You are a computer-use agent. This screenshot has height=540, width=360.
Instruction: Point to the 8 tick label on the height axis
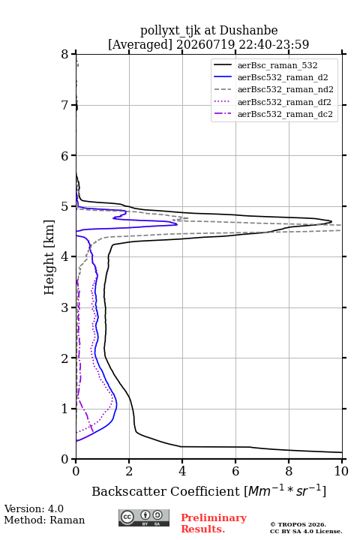[65, 54]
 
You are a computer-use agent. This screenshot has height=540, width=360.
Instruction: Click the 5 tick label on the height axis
[65, 206]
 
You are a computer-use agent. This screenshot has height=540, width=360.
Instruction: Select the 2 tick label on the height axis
[65, 358]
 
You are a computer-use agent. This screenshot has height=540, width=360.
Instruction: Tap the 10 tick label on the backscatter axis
[341, 471]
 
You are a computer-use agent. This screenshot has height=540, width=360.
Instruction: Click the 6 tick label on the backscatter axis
[235, 471]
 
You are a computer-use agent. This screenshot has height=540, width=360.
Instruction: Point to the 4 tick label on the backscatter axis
[182, 471]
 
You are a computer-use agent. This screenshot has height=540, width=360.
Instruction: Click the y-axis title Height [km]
[49, 257]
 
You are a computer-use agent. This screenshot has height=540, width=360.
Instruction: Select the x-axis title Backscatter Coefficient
[165, 491]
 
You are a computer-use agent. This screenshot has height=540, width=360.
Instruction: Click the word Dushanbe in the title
[248, 31]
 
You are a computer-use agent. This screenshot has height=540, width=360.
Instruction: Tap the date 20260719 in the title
[205, 44]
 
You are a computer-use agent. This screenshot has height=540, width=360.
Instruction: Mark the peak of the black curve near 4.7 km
[331, 221]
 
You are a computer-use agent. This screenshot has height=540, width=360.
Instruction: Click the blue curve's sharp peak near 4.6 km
[177, 224]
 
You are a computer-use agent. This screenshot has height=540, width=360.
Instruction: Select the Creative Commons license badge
[144, 517]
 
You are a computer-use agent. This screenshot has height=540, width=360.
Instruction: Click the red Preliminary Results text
[214, 523]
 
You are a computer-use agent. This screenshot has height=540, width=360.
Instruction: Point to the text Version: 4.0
[34, 508]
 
